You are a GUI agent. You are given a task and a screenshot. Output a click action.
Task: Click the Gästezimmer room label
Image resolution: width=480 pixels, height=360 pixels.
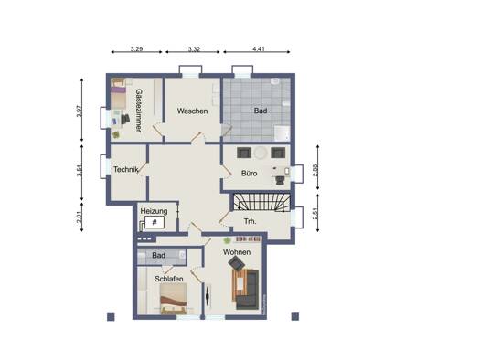pos(138,111)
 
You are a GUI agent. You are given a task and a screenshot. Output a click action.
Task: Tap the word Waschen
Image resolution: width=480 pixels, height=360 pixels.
pos(192,111)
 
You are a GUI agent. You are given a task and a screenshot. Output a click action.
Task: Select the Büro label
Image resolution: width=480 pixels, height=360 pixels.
pos(250,174)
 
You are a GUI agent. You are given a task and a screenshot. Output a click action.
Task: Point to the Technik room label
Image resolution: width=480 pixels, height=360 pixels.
pos(126,169)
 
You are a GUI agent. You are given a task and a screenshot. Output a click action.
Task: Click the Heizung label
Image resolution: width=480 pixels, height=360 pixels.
pos(154,211)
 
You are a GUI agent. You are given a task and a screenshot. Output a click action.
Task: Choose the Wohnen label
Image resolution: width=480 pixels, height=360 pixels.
pos(237,252)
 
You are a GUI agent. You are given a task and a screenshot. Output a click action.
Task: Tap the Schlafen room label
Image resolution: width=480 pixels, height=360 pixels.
pos(169,279)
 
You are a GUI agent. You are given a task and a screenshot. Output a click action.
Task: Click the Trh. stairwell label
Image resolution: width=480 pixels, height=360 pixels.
pos(251,221)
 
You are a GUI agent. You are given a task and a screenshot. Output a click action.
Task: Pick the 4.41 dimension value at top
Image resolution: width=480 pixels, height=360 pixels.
pos(259,48)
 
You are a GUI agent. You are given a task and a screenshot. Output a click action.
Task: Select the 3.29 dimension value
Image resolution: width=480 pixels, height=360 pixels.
pos(136,48)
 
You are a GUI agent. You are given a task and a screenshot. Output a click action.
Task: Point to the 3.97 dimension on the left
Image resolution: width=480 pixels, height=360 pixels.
pos(80,111)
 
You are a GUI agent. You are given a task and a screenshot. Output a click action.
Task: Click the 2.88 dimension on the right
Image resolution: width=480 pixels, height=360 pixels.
pos(315,170)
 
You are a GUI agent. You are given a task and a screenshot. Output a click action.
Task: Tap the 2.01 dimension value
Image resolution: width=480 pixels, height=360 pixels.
pos(80,217)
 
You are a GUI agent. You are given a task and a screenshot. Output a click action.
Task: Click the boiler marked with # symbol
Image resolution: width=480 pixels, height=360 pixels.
pos(155,222)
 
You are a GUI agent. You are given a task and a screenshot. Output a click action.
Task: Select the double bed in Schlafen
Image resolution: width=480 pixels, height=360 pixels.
pos(174,299)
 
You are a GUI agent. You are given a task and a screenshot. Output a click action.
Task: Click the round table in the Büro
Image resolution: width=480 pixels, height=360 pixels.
pos(261,153)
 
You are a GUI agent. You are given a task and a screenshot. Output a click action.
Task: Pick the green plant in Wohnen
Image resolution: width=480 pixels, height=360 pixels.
pos(227,240)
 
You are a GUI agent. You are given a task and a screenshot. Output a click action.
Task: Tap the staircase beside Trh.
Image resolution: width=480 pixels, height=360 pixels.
pos(262,202)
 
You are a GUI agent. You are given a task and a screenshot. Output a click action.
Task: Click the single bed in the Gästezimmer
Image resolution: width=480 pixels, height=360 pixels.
pos(119,94)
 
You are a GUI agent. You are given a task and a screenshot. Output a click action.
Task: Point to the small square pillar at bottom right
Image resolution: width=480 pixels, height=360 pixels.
pos(295,316)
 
